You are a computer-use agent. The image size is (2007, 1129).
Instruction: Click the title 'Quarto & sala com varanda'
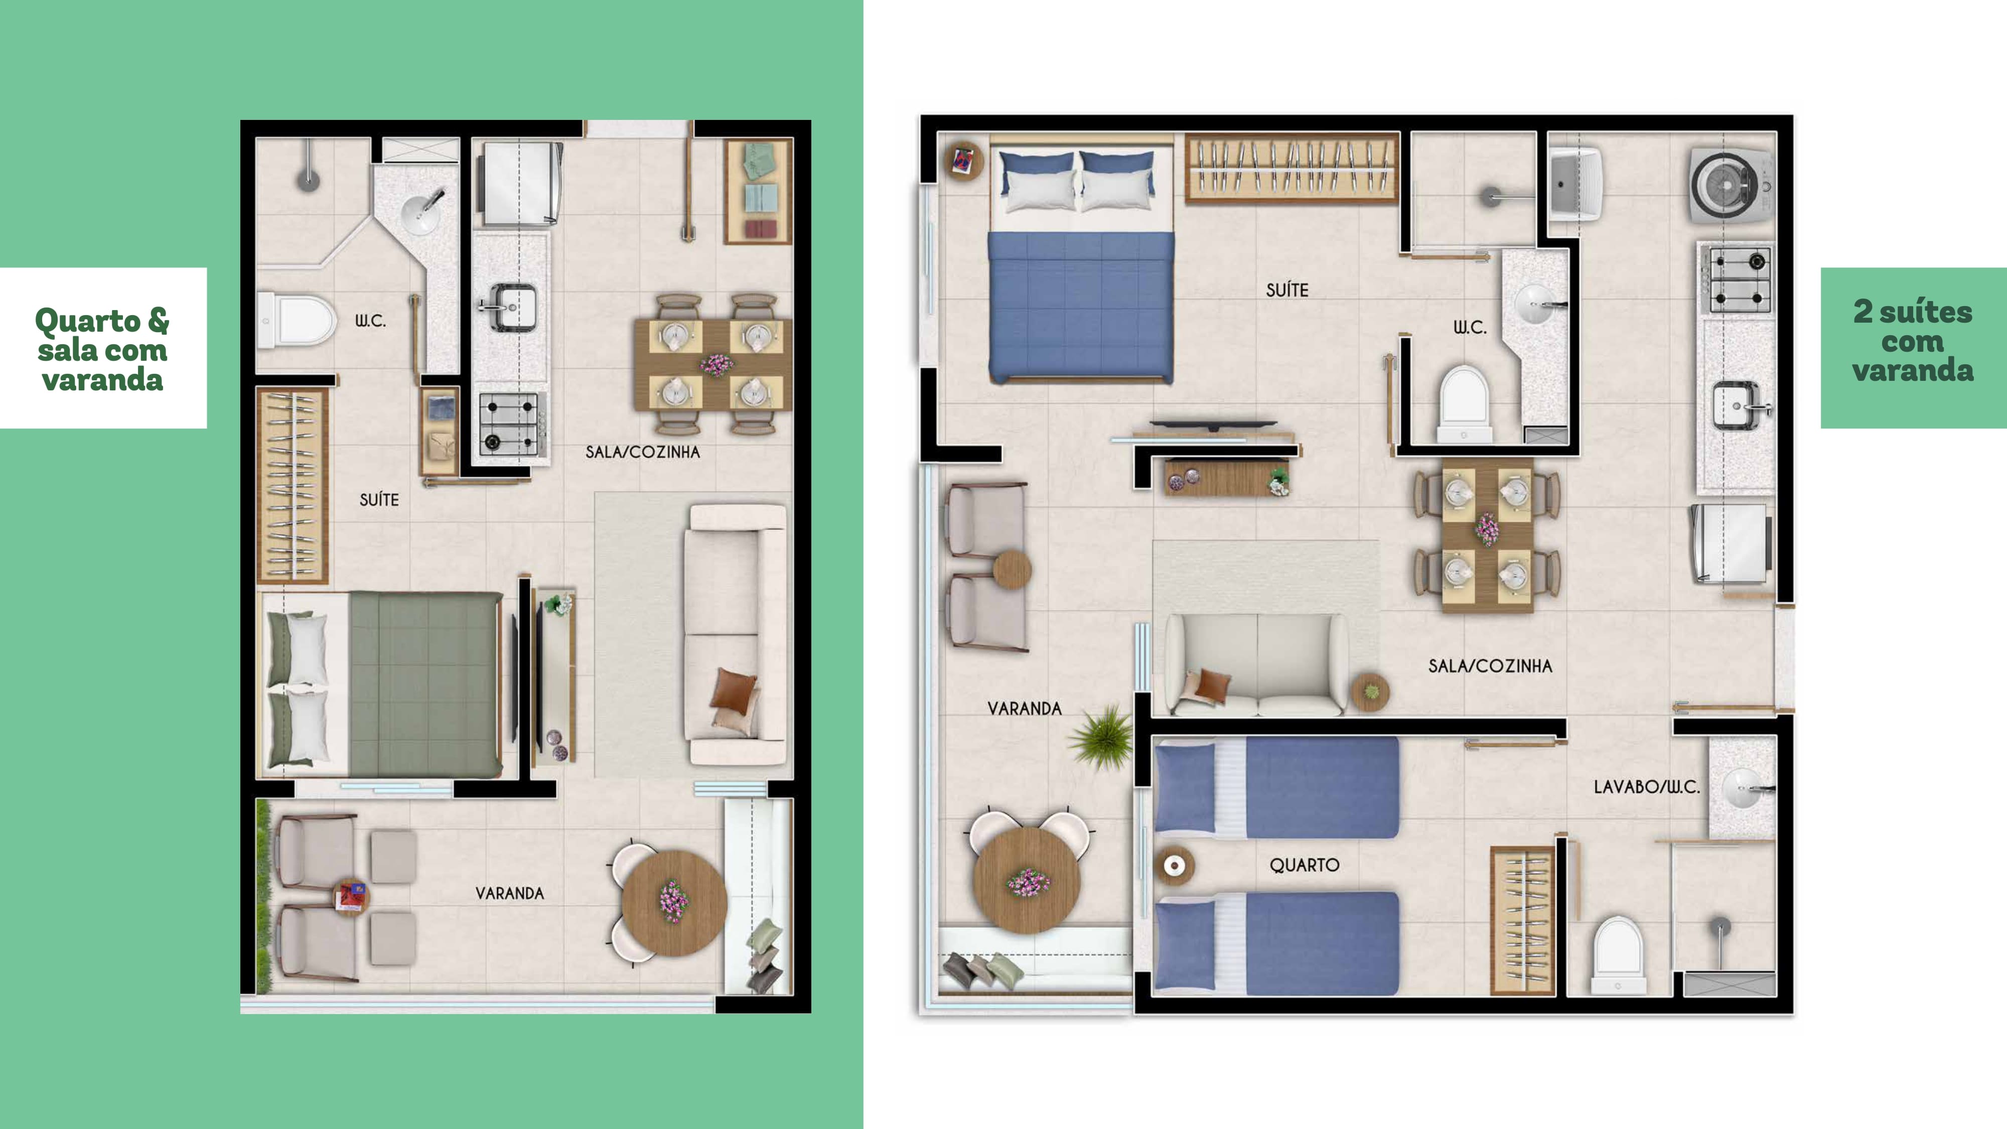tap(102, 349)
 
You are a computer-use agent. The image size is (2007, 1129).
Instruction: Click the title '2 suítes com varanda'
tap(1913, 341)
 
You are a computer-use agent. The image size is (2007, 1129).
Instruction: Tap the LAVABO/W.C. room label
tap(1646, 787)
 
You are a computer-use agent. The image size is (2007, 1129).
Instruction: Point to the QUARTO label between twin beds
tap(1304, 865)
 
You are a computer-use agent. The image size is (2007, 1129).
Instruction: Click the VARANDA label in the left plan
tap(510, 893)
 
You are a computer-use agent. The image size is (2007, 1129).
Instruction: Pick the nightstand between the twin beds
tap(1174, 865)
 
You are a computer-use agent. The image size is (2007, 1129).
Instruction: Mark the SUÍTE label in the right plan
tap(1287, 291)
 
